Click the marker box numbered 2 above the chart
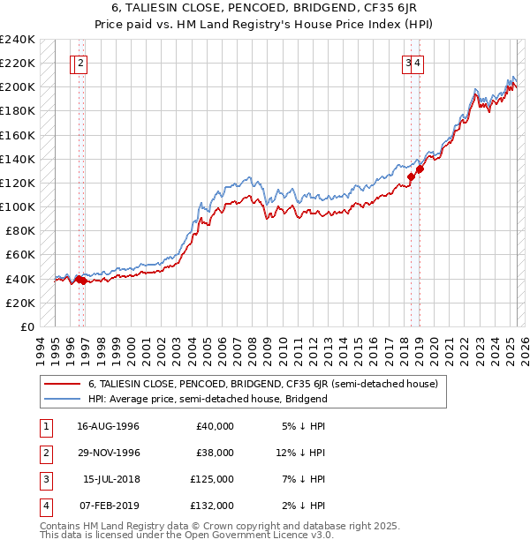pyautogui.click(x=80, y=63)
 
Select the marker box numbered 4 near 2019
pyautogui.click(x=417, y=63)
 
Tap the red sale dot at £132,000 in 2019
pyautogui.click(x=420, y=169)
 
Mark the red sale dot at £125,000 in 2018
pyautogui.click(x=411, y=176)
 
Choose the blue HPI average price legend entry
pyautogui.click(x=208, y=399)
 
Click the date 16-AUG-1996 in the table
pyautogui.click(x=108, y=426)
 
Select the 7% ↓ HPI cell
pyautogui.click(x=304, y=479)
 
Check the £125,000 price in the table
pyautogui.click(x=213, y=479)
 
